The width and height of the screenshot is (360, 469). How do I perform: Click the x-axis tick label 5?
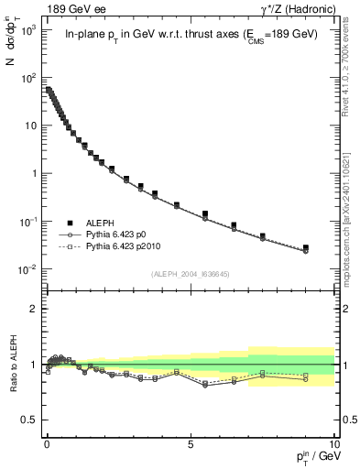(190, 442)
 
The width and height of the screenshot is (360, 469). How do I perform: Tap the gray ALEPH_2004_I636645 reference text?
(190, 274)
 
